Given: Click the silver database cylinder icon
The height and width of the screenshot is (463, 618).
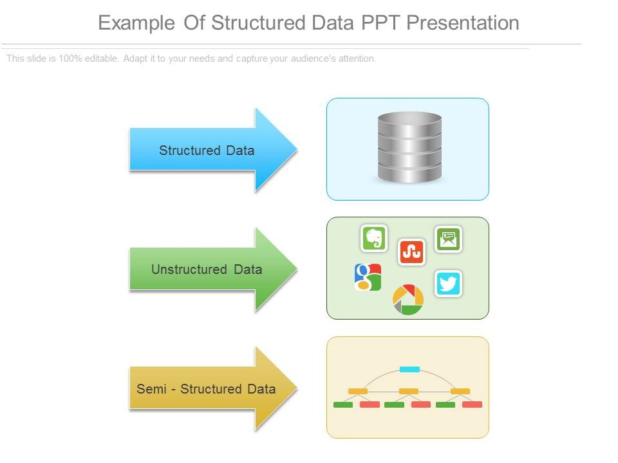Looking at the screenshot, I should coord(409,147).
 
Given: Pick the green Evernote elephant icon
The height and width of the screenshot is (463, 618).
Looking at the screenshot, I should coord(374,239).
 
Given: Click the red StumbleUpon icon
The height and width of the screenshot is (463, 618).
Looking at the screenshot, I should coord(411,252).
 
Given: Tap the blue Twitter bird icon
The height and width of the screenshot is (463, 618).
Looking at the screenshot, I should coord(448,284).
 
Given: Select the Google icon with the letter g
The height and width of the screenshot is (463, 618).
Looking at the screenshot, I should coord(368,277).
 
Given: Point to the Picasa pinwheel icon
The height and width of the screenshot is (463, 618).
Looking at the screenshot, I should coord(408,300).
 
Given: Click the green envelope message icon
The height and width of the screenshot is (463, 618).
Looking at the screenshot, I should coord(448,239).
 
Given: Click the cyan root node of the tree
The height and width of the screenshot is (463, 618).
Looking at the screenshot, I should coord(409,369).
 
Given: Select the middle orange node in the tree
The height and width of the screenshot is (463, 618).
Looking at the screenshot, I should coord(409,391).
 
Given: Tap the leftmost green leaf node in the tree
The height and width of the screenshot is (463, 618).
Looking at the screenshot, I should coord(343,404).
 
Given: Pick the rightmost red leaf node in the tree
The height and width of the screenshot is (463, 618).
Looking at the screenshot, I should coord(472,404).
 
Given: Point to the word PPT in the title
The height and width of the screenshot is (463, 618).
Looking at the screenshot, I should coord(380,23).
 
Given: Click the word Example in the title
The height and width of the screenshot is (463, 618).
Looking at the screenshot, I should coord(136,23).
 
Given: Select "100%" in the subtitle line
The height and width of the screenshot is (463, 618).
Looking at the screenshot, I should coord(72,59).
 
